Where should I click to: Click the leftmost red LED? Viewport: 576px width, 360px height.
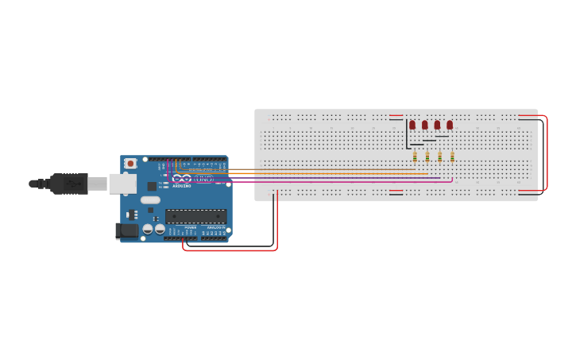(x=412, y=125)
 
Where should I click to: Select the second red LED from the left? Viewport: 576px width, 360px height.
(x=425, y=125)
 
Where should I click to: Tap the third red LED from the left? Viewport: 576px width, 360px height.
(x=437, y=125)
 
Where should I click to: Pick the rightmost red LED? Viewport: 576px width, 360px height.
(x=450, y=125)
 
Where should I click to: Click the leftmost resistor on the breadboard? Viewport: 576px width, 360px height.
(x=415, y=157)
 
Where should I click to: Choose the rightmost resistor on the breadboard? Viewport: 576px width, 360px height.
(x=452, y=157)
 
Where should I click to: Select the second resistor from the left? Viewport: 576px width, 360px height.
(x=427, y=157)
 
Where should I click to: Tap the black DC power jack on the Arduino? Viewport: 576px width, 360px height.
(x=126, y=231)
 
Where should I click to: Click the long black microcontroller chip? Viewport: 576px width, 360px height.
(x=195, y=215)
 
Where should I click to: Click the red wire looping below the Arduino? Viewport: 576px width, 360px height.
(x=230, y=250)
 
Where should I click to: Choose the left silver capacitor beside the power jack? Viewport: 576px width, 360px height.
(x=147, y=229)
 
